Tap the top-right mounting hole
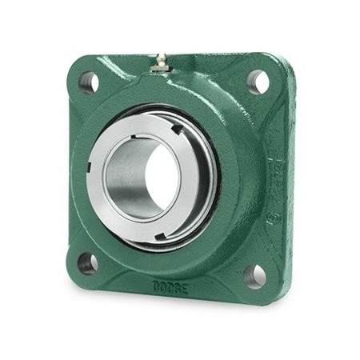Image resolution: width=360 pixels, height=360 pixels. tap(258, 80)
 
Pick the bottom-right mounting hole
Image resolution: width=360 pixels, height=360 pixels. tap(254, 275)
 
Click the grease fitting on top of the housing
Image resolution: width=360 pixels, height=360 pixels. tap(160, 65)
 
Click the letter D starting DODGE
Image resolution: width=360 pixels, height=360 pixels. tap(155, 282)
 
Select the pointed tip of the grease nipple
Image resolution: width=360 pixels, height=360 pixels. tap(159, 57)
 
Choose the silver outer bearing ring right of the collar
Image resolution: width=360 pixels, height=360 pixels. tap(210, 172)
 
